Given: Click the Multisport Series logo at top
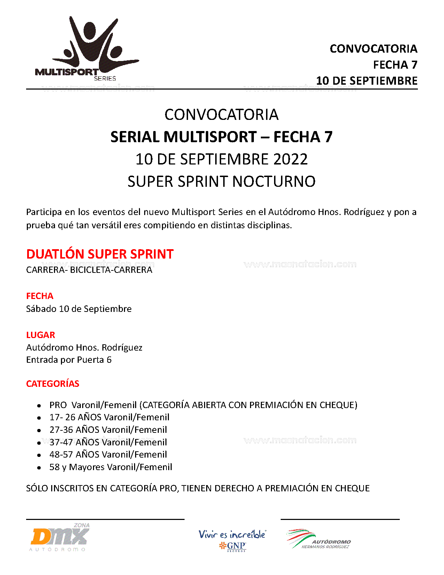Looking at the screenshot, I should pyautogui.click(x=87, y=49).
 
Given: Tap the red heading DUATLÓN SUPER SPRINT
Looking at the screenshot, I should pyautogui.click(x=100, y=254).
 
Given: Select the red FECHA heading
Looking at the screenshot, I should pyautogui.click(x=40, y=296).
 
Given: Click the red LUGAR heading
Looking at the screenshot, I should pyautogui.click(x=40, y=335).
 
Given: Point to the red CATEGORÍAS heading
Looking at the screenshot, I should pyautogui.click(x=53, y=384).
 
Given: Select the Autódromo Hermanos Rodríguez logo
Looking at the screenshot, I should pyautogui.click(x=318, y=539).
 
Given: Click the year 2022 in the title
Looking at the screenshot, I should pyautogui.click(x=290, y=159).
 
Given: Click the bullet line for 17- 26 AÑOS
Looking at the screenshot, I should pyautogui.click(x=109, y=417).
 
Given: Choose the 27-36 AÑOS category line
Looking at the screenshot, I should pyautogui.click(x=108, y=430).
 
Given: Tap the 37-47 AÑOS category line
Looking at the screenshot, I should pyautogui.click(x=108, y=442).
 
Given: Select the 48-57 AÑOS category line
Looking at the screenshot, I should pyautogui.click(x=108, y=454).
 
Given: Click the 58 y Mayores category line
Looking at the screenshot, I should pyautogui.click(x=111, y=467).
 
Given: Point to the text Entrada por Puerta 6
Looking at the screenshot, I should pyautogui.click(x=69, y=360).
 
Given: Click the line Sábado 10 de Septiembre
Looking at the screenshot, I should pyautogui.click(x=79, y=309).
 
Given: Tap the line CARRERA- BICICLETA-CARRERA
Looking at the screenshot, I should pyautogui.click(x=89, y=270).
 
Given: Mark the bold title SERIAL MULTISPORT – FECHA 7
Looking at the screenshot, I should pyautogui.click(x=221, y=137).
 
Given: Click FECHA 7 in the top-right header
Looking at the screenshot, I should pyautogui.click(x=395, y=65).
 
